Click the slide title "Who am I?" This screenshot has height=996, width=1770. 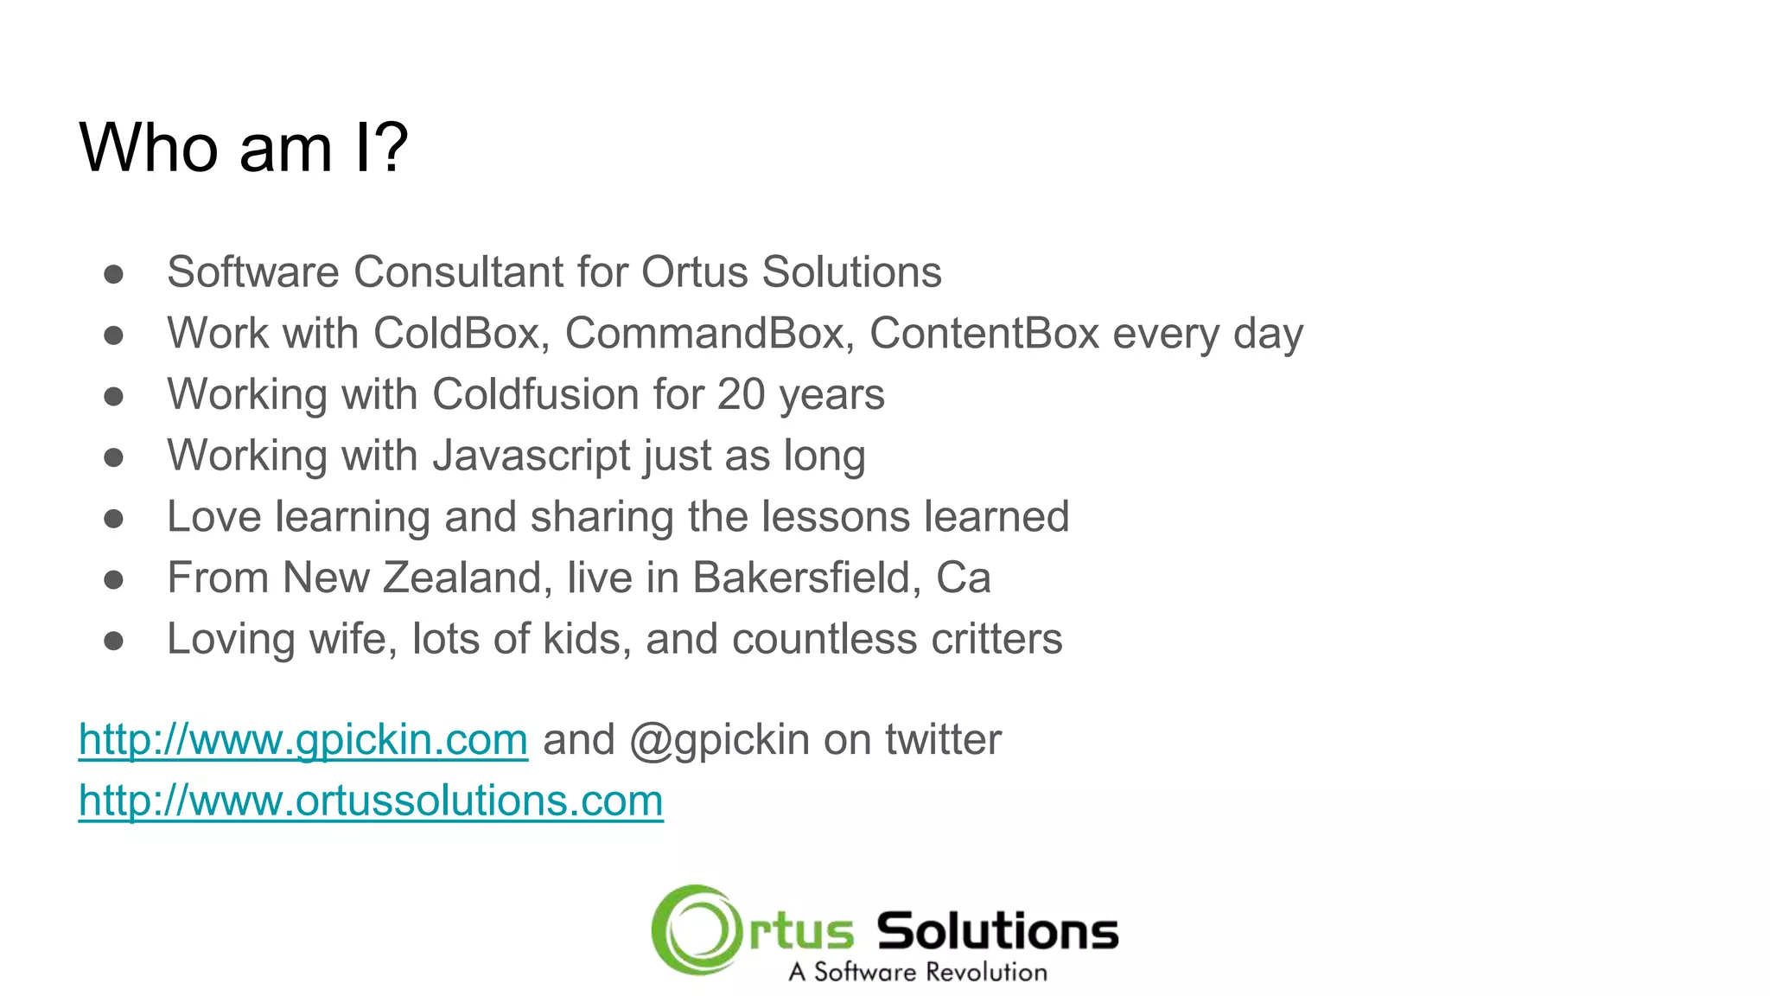pos(243,148)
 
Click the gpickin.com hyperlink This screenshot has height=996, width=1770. pos(302,740)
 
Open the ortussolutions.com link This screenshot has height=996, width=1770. pos(371,801)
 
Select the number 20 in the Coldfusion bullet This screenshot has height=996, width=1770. pos(741,395)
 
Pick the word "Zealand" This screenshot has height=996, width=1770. pos(467,578)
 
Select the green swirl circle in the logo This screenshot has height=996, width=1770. pos(697,929)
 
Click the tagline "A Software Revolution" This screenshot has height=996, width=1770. pos(917,972)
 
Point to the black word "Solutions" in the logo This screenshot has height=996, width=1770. pos(997,931)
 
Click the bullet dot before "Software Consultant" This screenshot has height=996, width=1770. pos(113,274)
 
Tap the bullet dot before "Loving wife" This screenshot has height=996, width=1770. pos(113,642)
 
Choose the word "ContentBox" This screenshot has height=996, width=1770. pos(984,334)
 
